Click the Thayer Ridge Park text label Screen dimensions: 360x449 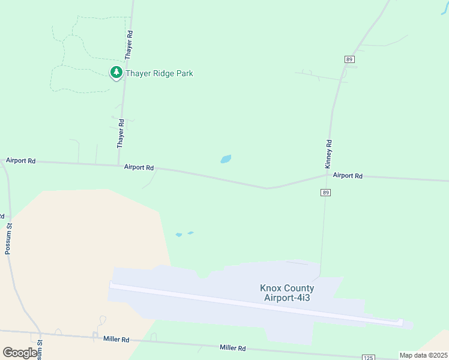(159, 73)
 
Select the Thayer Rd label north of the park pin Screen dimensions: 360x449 (128, 45)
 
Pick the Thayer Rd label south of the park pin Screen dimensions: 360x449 (121, 134)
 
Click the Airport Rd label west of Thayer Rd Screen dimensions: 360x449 (21, 161)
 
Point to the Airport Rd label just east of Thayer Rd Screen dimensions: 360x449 (139, 167)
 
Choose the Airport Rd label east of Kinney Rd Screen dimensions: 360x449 (348, 176)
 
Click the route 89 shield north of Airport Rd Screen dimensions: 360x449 (349, 59)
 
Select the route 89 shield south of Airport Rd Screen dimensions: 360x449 (325, 193)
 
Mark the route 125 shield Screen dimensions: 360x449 (369, 358)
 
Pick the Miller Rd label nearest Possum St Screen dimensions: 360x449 (116, 339)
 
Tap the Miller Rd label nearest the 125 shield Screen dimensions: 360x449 (232, 348)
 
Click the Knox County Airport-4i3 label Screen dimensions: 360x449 (287, 293)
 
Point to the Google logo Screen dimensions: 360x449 (20, 352)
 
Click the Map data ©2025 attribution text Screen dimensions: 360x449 (424, 355)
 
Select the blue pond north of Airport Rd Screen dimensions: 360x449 (226, 159)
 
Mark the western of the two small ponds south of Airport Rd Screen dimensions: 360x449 (178, 235)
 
